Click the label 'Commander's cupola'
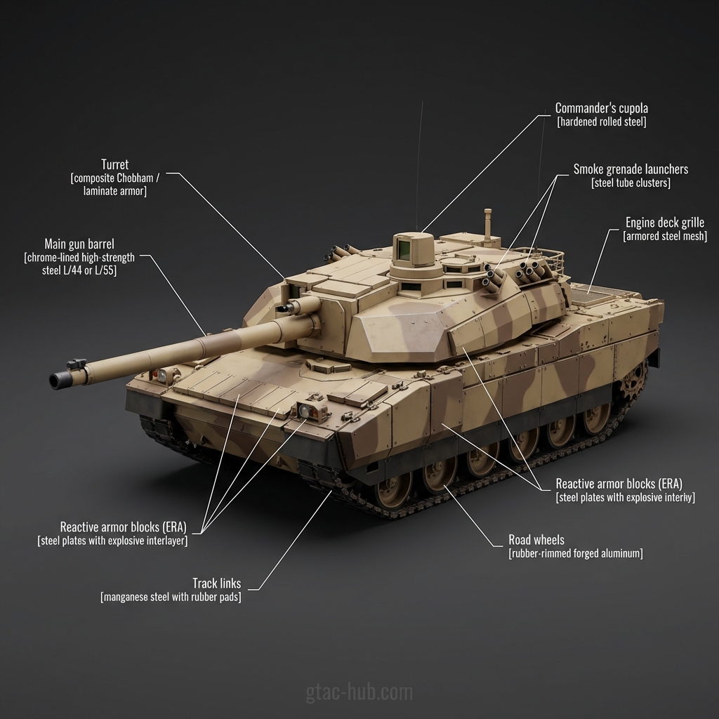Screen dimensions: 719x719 coord(601,108)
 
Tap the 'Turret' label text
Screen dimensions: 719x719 coord(114,164)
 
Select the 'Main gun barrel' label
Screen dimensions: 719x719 coord(79,244)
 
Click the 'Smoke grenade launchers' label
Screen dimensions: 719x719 coord(631,169)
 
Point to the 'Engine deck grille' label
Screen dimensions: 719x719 coord(664,223)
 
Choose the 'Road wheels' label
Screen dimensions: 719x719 coord(536,540)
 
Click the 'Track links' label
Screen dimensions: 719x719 coord(216,583)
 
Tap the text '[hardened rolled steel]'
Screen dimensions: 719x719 coord(601,122)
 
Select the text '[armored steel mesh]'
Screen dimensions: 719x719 coord(664,237)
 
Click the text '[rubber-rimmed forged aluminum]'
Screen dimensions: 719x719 coord(575,554)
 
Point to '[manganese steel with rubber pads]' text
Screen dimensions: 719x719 coord(171,598)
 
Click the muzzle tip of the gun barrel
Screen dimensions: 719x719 coord(55,381)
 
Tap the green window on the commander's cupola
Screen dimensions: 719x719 coord(404,248)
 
